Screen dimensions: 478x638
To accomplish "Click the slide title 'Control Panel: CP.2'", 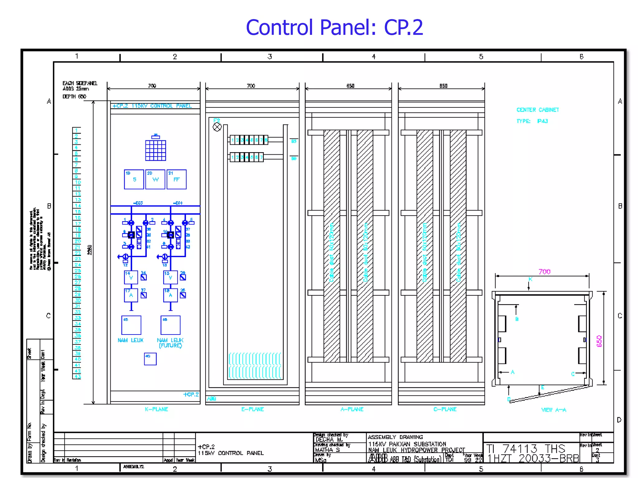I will click(x=334, y=27).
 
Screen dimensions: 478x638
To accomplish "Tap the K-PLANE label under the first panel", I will click(x=156, y=409).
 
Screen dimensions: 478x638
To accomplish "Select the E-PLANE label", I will click(x=252, y=409).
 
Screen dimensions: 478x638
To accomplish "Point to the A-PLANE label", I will click(x=352, y=409).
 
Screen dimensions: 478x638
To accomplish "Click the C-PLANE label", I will click(x=445, y=409).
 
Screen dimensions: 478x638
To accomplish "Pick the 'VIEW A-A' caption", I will click(x=554, y=410).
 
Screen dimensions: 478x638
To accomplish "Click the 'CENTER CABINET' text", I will click(x=538, y=110).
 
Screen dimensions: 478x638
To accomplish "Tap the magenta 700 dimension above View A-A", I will click(x=544, y=272).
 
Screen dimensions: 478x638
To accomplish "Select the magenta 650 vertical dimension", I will click(x=599, y=341).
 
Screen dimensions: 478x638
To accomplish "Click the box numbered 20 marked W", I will click(x=155, y=179).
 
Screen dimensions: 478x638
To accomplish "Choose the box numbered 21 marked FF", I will click(x=177, y=179).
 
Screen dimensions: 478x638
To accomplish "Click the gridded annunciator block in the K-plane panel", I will click(x=155, y=150).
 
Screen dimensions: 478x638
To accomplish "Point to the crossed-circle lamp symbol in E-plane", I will click(x=217, y=127).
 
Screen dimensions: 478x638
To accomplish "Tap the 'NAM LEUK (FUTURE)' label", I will click(x=170, y=343).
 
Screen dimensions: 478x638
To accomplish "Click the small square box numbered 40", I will click(x=150, y=359).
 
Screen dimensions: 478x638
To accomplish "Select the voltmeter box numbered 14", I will click(x=131, y=277).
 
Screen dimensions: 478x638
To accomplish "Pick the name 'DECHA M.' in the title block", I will click(x=329, y=440).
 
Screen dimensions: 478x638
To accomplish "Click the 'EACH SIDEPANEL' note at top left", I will click(x=80, y=83).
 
